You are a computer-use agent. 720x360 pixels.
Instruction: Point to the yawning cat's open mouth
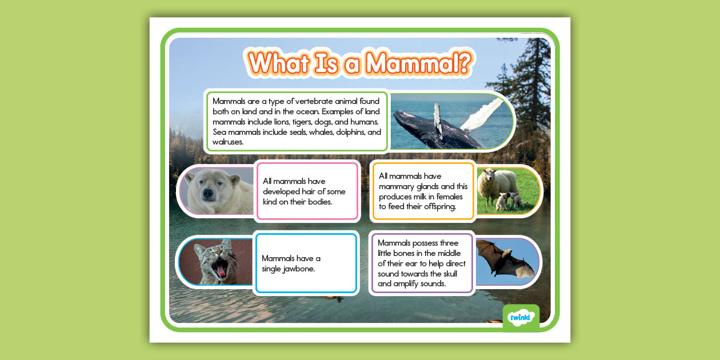(x=218, y=266)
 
